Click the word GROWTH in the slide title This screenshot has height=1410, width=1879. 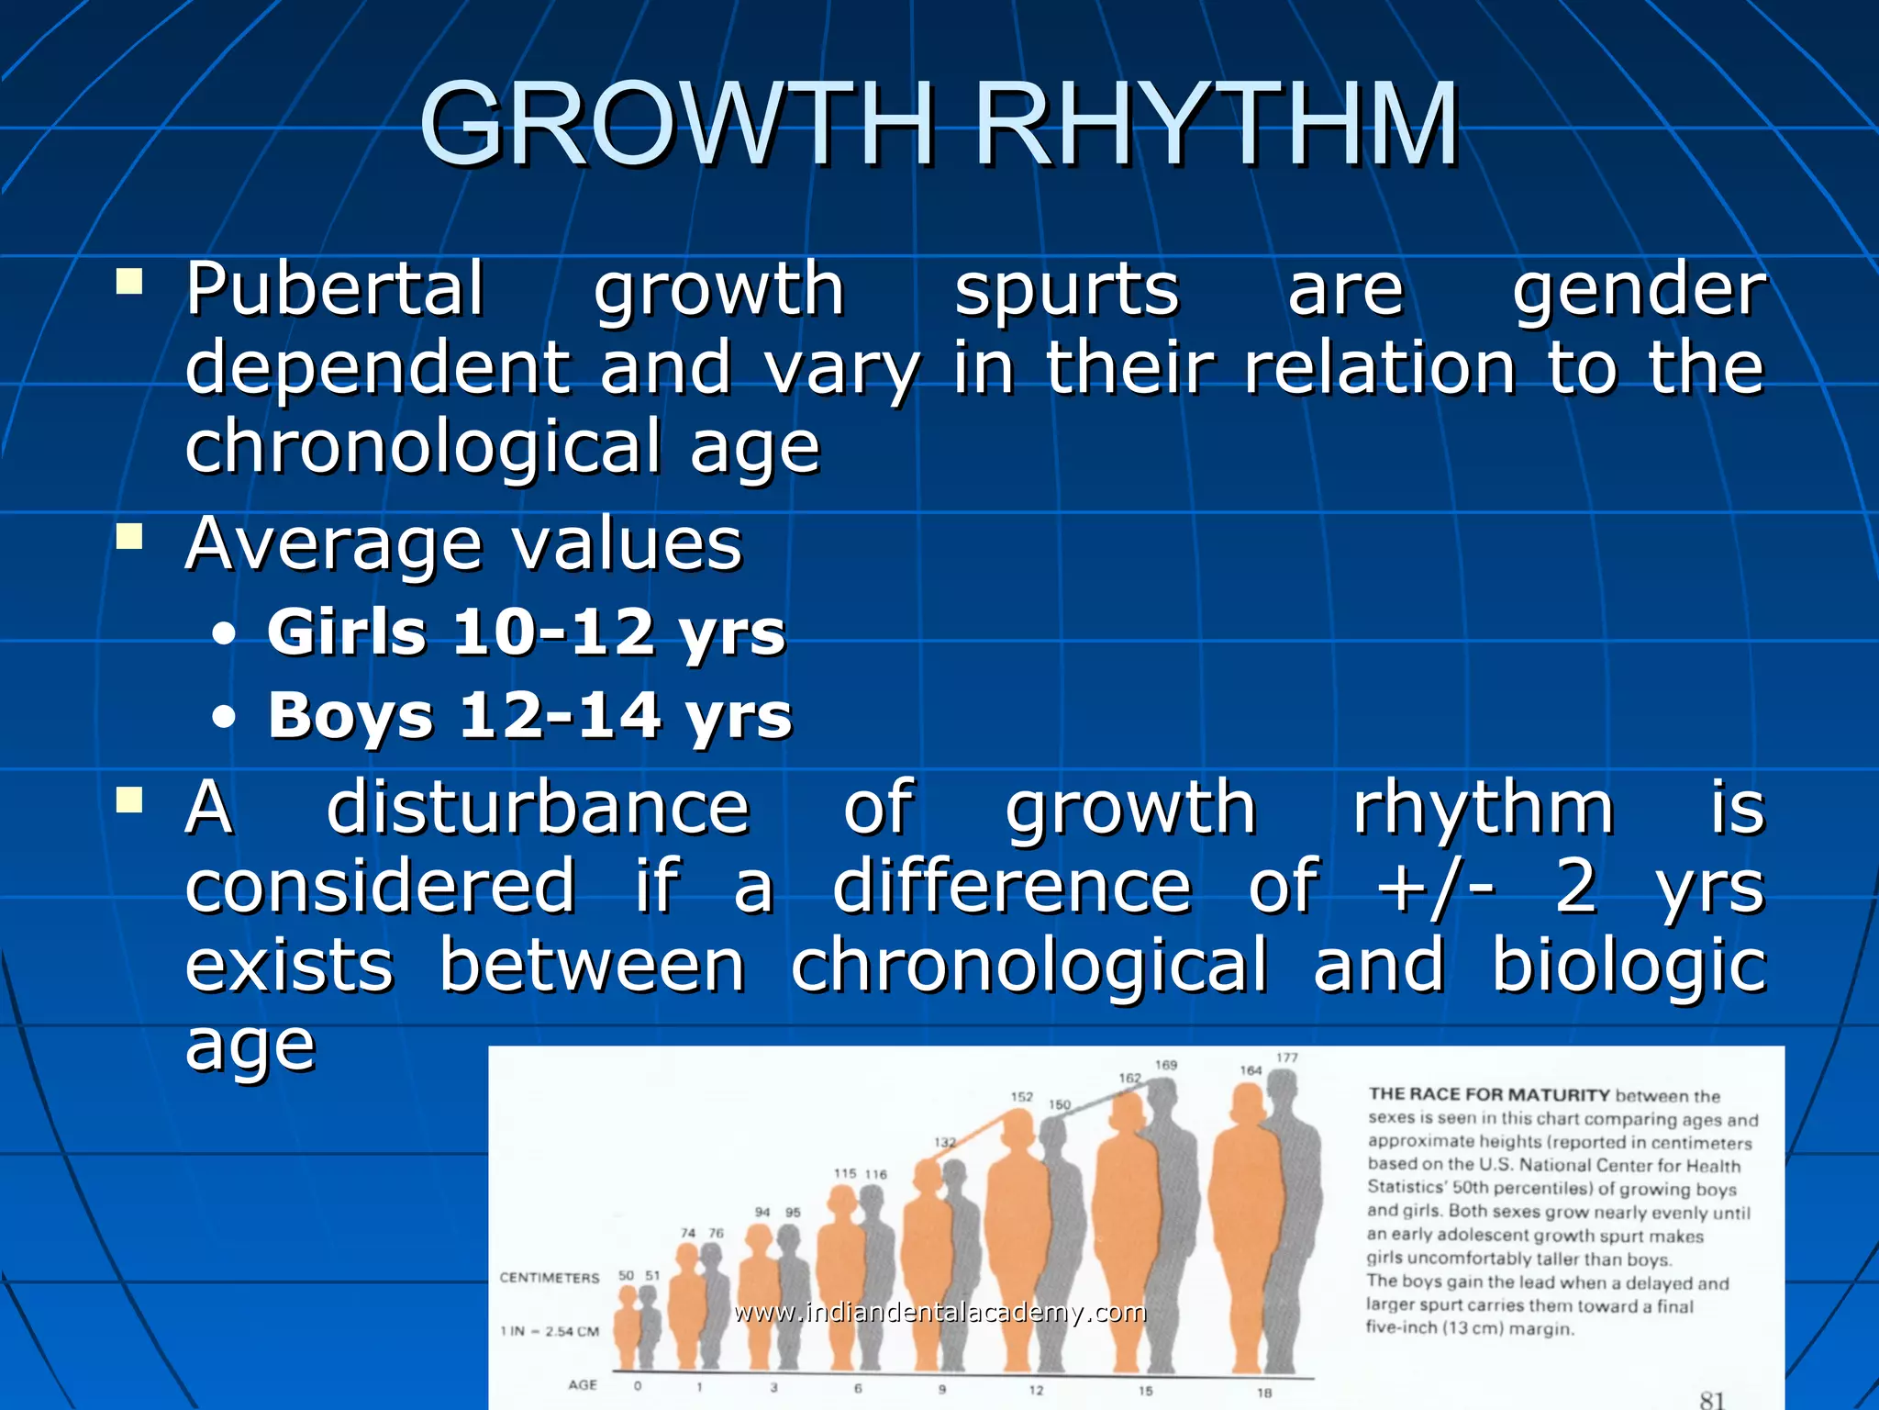pos(677,125)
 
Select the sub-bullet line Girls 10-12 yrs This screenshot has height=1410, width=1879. pos(526,632)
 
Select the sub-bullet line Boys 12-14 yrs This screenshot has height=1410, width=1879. pos(529,715)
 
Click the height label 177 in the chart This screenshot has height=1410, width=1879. pos(1287,1057)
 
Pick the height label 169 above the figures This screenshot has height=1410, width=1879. pos(1165,1065)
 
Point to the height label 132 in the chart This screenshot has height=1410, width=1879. pos(945,1143)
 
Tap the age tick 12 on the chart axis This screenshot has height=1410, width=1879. pos(1036,1390)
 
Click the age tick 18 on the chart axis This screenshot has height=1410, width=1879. pos(1264,1392)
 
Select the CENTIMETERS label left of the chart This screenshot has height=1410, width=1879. pos(549,1278)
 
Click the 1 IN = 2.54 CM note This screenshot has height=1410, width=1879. pos(549,1331)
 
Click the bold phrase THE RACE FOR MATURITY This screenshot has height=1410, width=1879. pos(1489,1094)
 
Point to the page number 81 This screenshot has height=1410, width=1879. pos(1712,1398)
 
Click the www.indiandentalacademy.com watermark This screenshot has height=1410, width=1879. pos(939,1312)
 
